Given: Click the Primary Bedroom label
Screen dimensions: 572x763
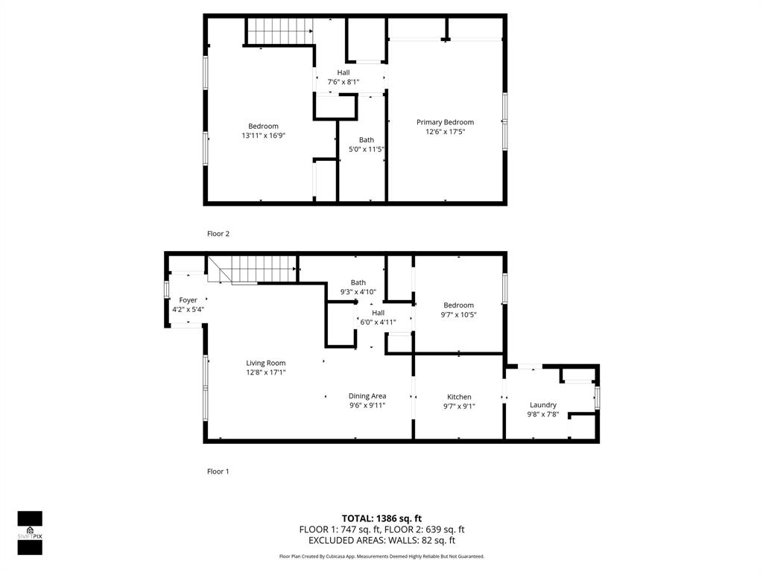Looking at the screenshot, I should pos(445,122).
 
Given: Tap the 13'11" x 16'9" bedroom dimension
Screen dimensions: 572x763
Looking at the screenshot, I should pos(264,136).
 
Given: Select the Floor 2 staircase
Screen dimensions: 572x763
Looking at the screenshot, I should pos(279,31).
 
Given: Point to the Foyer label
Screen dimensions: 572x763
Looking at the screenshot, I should pos(188,300).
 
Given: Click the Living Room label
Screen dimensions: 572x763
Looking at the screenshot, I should pos(266,363).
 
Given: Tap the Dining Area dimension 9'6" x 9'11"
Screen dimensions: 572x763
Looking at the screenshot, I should pos(367,406).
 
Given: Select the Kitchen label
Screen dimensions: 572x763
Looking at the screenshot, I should pos(459,397).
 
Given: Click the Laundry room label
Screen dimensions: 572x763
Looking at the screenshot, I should pos(543,405).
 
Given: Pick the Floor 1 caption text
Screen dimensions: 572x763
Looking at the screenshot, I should pos(218,471).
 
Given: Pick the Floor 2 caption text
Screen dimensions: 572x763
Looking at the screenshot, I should pos(218,234).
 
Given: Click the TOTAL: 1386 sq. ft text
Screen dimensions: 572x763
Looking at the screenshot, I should pos(381,518).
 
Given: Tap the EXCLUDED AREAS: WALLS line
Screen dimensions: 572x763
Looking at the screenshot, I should pos(381,541).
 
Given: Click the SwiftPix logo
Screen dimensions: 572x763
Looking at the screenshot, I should pos(30,533).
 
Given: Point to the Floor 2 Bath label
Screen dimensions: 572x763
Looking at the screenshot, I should pos(367,140).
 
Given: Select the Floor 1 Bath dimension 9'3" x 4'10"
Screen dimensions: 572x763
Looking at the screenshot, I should pos(358,292).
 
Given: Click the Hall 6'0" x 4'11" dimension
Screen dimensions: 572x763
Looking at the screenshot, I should pos(378,322).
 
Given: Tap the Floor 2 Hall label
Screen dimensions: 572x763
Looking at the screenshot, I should pos(343,72).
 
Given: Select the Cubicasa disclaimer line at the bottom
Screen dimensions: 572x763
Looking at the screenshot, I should pos(381,556).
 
